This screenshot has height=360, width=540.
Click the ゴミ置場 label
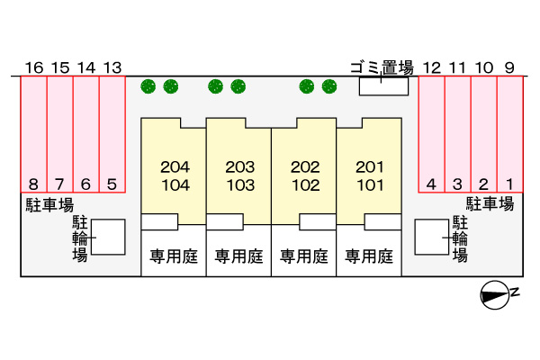(x=382, y=67)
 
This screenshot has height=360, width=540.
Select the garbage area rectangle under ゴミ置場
(x=382, y=86)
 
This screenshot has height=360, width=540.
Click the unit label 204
(x=174, y=166)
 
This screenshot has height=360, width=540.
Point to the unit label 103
(x=239, y=185)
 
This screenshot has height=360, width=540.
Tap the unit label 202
(x=305, y=166)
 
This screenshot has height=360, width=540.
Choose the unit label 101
(x=370, y=185)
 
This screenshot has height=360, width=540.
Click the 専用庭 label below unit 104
(x=174, y=256)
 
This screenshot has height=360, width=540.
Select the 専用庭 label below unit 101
(x=370, y=256)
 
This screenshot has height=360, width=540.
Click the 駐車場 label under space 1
(x=490, y=204)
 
